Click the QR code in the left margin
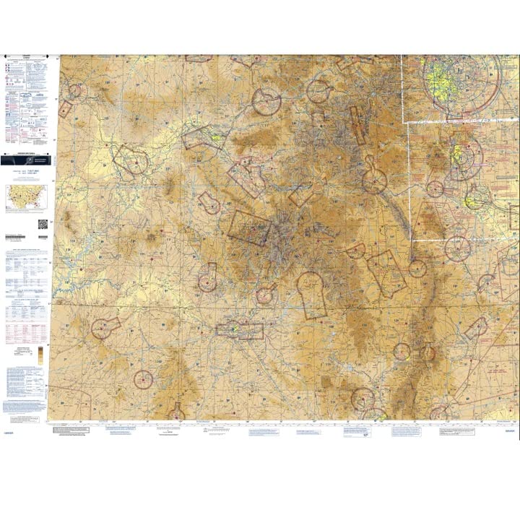(41, 223)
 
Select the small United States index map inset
(26, 197)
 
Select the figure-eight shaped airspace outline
(373, 173)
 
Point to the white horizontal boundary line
(462, 123)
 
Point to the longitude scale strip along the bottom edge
(289, 422)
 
